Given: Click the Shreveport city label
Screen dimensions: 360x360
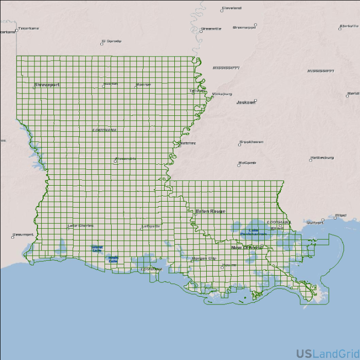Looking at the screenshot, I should coord(47,84).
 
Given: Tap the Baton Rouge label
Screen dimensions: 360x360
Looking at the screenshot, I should coord(210,211).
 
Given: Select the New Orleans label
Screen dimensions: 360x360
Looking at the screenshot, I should coord(246,248).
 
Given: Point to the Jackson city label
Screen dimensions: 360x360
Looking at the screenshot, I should coord(246,102).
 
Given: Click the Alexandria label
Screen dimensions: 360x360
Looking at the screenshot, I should coord(125,158).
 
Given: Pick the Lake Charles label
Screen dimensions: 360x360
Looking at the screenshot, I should coord(81,226).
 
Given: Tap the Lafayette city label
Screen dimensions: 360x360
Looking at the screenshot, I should coord(151,226).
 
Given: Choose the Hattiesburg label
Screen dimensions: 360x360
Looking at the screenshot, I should coord(322,157).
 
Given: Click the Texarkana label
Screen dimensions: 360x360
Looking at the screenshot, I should coord(28,28).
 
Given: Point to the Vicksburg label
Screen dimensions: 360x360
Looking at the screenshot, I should coord(222,94).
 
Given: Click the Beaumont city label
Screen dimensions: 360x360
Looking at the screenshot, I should coord(23,235).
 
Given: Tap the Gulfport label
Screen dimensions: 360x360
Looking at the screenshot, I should coord(315,223).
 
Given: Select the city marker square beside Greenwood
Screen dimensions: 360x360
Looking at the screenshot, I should coord(255,25).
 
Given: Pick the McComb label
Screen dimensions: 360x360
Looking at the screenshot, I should coord(247,163).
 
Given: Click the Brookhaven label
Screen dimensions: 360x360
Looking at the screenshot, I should coord(251,142).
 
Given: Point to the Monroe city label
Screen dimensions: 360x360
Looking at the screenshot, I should coord(143,84).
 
